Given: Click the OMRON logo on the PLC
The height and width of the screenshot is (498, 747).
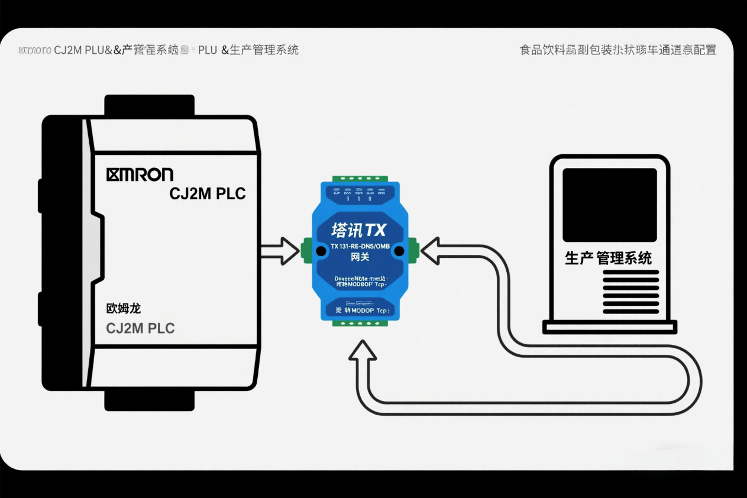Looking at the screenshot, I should [140, 174].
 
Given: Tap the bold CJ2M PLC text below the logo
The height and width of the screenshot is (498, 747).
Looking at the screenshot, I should [207, 193].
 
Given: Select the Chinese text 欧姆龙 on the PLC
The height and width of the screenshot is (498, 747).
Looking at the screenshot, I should [123, 308].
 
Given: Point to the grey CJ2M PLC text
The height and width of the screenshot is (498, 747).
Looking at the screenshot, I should [140, 328].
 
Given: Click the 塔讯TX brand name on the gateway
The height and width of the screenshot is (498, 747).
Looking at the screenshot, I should [358, 229].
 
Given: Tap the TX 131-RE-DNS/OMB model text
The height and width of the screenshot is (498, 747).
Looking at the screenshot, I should [360, 246].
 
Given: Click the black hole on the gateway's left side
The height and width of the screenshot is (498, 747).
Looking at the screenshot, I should [321, 251].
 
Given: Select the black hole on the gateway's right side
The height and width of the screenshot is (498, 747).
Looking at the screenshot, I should [400, 251].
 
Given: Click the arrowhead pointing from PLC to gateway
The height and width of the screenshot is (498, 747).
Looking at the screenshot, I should [290, 251].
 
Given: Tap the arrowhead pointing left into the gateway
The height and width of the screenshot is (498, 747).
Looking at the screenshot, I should [429, 250].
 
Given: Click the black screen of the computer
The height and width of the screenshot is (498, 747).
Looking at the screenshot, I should [609, 204].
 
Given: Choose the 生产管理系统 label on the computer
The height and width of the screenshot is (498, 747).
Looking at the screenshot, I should [609, 258].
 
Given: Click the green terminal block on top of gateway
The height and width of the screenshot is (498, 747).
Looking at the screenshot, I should [360, 178].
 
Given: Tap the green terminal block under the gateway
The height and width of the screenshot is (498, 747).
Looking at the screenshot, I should [360, 323].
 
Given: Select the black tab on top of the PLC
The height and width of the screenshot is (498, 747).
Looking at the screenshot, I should [149, 105].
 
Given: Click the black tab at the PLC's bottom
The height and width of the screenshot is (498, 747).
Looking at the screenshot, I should [149, 400].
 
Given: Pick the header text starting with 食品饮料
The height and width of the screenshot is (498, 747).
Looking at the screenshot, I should [617, 50].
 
